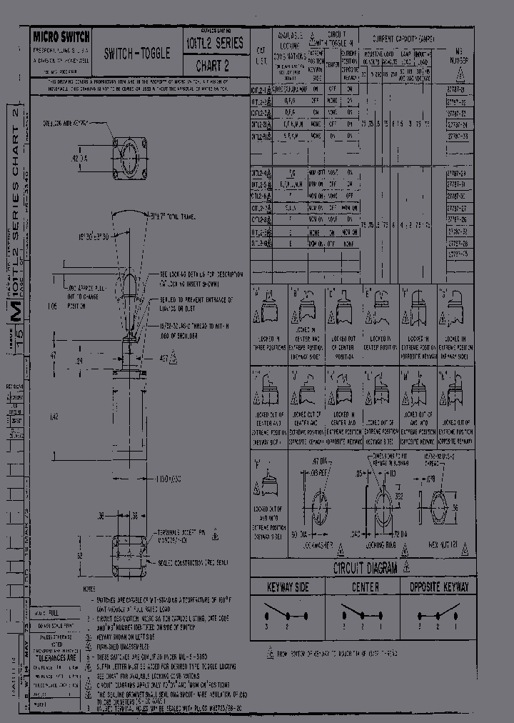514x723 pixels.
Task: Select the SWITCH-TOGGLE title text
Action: pos(137,54)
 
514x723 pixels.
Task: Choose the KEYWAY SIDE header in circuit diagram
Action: pos(288,587)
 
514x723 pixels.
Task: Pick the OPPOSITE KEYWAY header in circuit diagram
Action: pos(439,587)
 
